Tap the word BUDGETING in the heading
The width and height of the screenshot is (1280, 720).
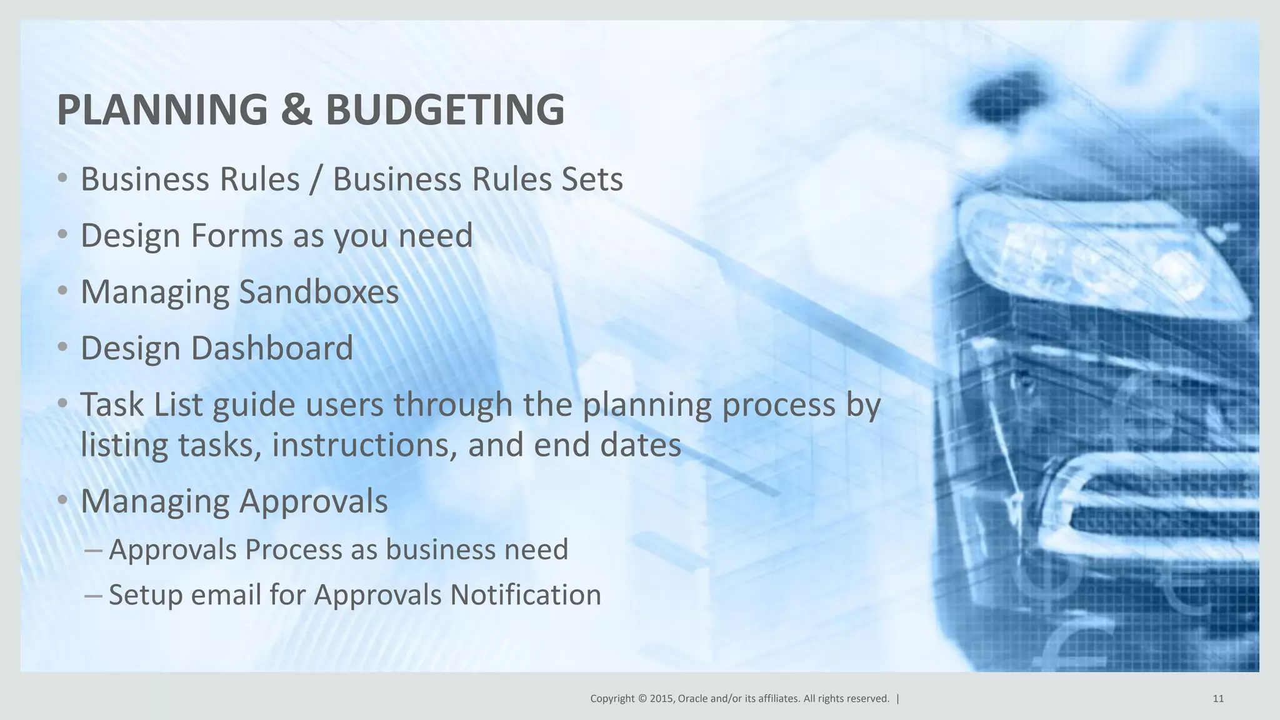445,110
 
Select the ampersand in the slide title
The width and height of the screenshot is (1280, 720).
296,110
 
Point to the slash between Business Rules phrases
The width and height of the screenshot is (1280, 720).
316,179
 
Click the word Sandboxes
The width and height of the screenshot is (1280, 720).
319,292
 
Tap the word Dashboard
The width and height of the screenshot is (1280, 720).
272,348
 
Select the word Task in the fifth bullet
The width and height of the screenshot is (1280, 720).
112,404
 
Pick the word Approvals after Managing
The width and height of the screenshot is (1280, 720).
313,501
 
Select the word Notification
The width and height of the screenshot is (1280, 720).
526,594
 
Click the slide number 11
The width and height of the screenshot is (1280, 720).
1218,699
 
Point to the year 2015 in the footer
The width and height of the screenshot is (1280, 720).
661,699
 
